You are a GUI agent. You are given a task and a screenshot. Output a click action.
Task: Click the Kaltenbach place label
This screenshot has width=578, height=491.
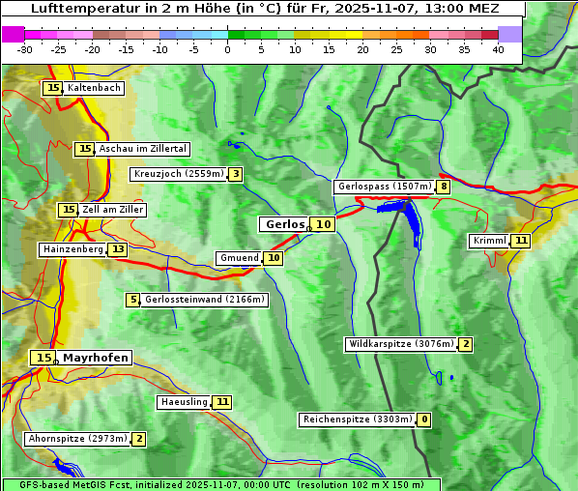[x=94, y=88]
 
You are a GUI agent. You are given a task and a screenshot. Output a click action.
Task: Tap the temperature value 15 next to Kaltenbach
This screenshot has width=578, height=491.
[x=52, y=88]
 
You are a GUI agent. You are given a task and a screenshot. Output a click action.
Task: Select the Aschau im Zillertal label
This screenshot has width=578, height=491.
[x=142, y=149]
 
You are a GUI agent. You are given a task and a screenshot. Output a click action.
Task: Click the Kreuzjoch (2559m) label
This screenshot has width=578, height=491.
[x=178, y=174]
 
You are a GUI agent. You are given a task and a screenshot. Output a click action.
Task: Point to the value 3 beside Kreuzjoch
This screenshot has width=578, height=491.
[x=235, y=174]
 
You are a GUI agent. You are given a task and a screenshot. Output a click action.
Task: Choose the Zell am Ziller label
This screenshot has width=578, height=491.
[x=113, y=210]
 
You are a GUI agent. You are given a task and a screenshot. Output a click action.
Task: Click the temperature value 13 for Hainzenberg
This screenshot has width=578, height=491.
[x=118, y=249]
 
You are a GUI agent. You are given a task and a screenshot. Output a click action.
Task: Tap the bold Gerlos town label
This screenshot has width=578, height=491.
[x=284, y=224]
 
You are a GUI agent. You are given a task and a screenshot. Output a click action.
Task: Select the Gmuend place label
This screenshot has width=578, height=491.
[x=239, y=258]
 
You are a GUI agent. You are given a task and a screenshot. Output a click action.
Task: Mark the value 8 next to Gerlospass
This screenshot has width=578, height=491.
[x=444, y=187]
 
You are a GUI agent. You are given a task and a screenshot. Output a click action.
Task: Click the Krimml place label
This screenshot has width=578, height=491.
[x=489, y=241]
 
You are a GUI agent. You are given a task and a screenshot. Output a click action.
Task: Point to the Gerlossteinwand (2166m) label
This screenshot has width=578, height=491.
[x=204, y=300]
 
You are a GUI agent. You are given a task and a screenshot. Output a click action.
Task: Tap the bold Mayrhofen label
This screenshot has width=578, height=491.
[x=95, y=358]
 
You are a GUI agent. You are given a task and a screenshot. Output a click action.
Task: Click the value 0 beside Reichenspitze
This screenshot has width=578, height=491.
[x=423, y=419]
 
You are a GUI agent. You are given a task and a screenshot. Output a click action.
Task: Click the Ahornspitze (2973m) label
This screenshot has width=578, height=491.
[x=77, y=439]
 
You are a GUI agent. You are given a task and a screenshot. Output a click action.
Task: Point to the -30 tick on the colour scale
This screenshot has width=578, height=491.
[x=25, y=48]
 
